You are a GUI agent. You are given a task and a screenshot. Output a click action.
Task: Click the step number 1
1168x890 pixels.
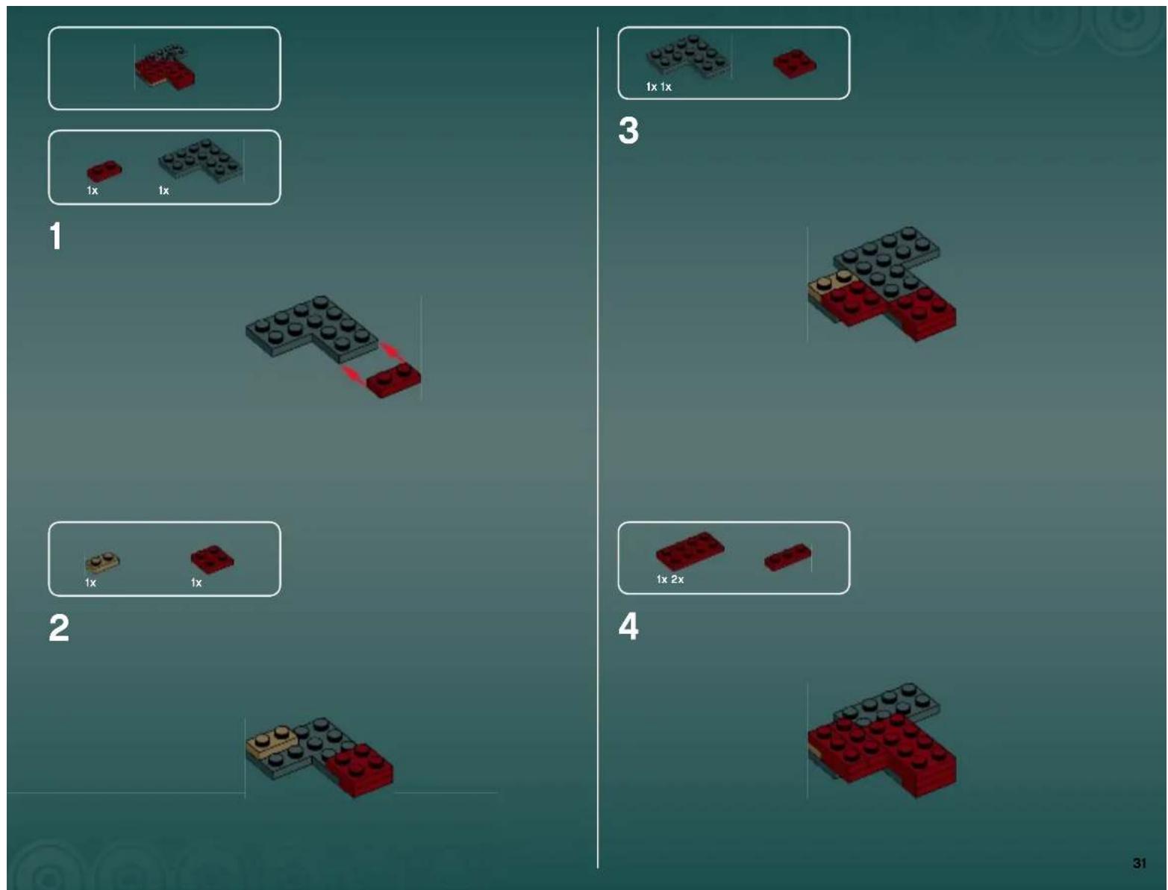pyautogui.click(x=55, y=236)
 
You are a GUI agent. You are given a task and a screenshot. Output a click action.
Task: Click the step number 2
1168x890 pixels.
pyautogui.click(x=59, y=627)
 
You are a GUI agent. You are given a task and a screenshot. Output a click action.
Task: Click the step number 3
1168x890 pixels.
pyautogui.click(x=628, y=131)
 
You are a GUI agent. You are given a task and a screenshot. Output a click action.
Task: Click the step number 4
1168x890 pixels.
pyautogui.click(x=628, y=626)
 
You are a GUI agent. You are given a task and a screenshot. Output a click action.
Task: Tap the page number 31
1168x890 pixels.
pyautogui.click(x=1139, y=863)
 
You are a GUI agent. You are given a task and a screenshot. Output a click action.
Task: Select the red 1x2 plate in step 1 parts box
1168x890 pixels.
pyautogui.click(x=104, y=172)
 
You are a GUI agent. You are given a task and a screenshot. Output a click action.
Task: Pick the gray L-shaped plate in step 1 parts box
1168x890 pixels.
pyautogui.click(x=199, y=160)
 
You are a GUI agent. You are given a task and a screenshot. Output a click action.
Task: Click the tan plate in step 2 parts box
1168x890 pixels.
pyautogui.click(x=102, y=560)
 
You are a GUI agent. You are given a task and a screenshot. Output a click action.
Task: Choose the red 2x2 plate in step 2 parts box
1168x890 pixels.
pyautogui.click(x=212, y=559)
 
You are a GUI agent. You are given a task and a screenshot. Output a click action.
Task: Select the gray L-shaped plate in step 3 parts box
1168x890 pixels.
pyautogui.click(x=685, y=57)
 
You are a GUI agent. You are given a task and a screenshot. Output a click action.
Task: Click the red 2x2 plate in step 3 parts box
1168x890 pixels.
pyautogui.click(x=794, y=63)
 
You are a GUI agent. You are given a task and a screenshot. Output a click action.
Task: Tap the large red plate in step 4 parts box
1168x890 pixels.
pyautogui.click(x=690, y=551)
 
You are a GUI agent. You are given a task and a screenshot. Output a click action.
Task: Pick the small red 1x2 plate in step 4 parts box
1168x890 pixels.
pyautogui.click(x=787, y=557)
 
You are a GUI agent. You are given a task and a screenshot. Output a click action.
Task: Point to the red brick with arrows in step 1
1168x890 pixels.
pyautogui.click(x=394, y=380)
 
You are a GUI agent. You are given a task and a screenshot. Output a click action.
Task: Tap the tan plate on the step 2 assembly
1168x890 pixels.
pyautogui.click(x=272, y=741)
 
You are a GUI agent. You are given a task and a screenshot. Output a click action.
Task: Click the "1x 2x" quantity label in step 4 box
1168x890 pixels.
pyautogui.click(x=669, y=580)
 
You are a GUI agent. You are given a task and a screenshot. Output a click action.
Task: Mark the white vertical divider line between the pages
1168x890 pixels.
pyautogui.click(x=598, y=448)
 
